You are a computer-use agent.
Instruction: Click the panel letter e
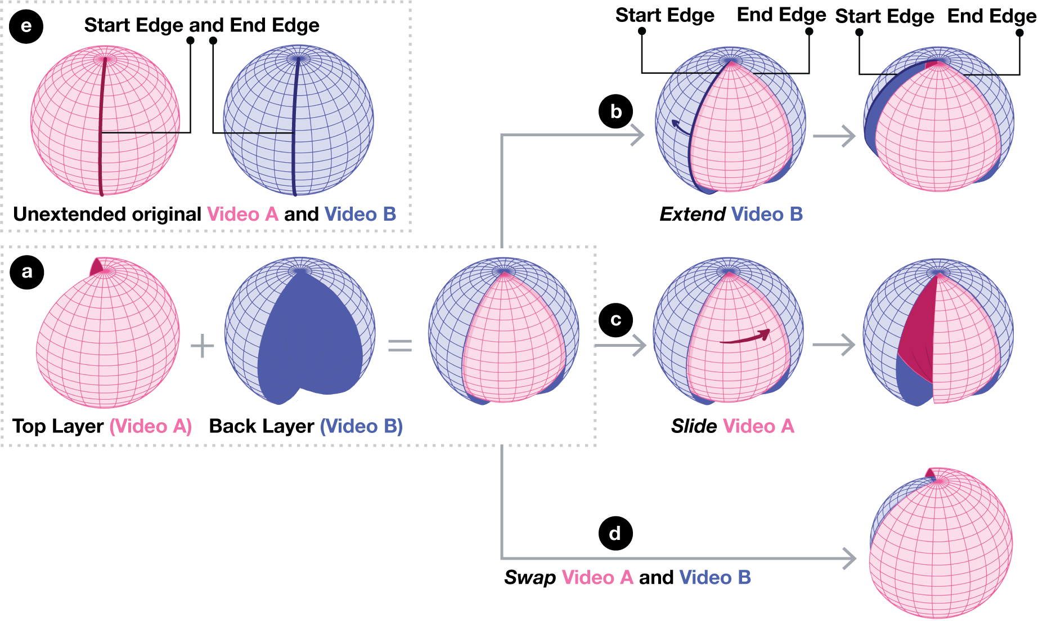(26, 26)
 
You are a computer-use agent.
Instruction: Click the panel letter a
(26, 271)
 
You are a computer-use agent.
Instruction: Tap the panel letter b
(616, 111)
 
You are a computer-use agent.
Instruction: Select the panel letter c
(616, 320)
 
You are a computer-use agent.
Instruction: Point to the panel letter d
(615, 533)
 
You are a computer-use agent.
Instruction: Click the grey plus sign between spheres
(203, 346)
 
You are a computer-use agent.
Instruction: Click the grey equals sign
(400, 346)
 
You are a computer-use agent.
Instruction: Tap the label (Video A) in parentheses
(150, 426)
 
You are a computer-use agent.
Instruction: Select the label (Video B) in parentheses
(361, 426)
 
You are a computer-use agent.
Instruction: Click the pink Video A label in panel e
(242, 215)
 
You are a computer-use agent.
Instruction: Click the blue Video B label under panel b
(767, 215)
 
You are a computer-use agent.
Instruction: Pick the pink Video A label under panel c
(758, 426)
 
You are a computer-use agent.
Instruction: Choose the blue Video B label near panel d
(715, 578)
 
